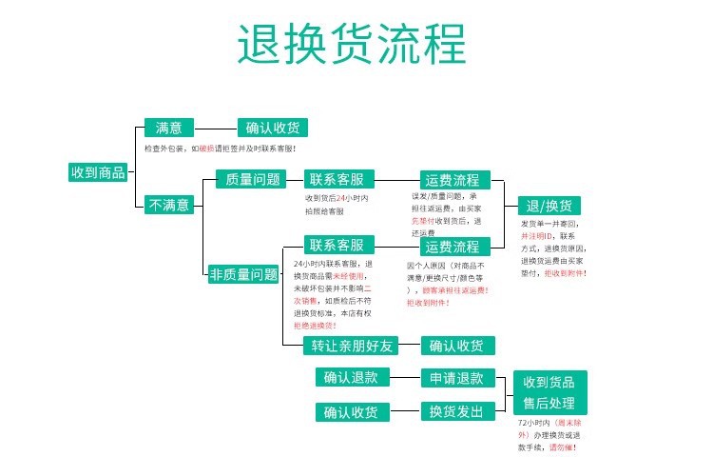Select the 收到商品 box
click(x=98, y=172)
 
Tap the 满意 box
click(x=168, y=128)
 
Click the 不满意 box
click(x=168, y=204)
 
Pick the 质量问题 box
click(x=248, y=179)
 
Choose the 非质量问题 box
click(x=244, y=274)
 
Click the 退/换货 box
click(x=549, y=206)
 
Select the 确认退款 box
click(x=351, y=377)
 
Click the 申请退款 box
click(x=457, y=378)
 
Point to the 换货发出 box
click(x=457, y=411)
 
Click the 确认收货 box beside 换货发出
click(x=351, y=411)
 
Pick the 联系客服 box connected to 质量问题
click(x=340, y=179)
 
